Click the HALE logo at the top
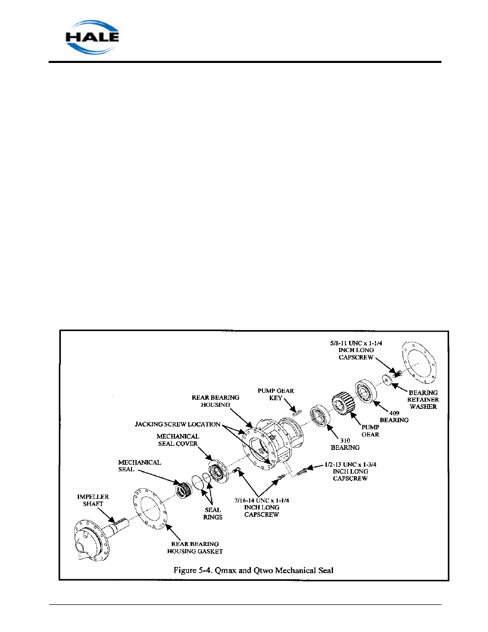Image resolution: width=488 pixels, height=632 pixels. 92,37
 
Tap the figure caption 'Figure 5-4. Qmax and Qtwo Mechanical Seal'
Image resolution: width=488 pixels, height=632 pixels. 253,570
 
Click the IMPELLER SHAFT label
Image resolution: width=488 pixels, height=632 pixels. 93,500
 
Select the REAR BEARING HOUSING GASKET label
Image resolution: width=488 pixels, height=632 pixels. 195,548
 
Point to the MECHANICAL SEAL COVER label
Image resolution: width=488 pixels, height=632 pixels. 178,440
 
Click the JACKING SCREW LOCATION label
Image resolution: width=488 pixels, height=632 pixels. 178,424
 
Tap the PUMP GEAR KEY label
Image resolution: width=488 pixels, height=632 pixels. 276,394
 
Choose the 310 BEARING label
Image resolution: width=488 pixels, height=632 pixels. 345,444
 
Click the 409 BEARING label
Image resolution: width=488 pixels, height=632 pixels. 394,417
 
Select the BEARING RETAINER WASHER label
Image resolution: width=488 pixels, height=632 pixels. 423,400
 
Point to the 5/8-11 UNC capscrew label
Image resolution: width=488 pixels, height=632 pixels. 356,350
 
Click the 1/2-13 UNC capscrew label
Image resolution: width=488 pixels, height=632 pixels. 350,471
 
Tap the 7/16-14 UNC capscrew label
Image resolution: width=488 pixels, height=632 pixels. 261,507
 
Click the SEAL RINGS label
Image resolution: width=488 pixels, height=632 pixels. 213,513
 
